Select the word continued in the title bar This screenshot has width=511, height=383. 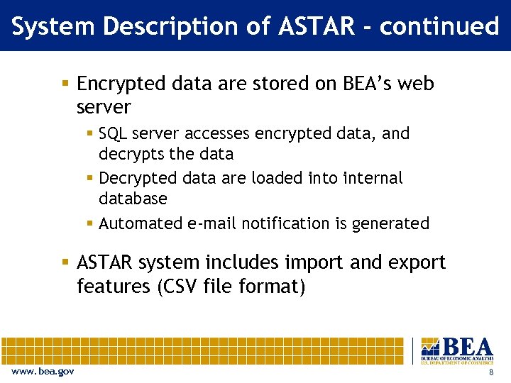tap(439, 26)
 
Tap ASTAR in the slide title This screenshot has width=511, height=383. tap(316, 26)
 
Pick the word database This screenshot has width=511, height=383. tap(133, 199)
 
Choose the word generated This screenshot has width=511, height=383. tap(389, 223)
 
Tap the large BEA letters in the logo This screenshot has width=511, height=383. tap(466, 347)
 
